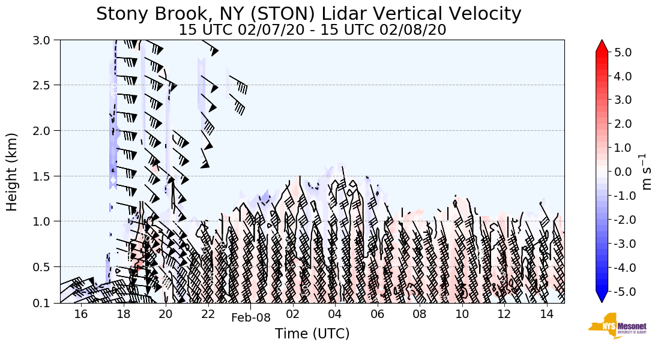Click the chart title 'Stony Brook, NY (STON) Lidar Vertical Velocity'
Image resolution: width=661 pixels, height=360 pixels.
309,14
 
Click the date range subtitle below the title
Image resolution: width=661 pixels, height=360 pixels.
312,30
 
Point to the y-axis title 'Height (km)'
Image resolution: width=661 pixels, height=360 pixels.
12,172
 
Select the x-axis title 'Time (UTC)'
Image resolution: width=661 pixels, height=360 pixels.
312,334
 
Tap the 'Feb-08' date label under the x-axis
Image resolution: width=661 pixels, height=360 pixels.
251,318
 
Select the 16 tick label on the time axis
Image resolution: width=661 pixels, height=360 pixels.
81,314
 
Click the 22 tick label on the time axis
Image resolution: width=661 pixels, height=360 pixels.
208,314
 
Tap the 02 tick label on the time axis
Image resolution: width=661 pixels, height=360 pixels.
293,314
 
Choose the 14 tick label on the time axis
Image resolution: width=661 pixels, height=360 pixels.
546,314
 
